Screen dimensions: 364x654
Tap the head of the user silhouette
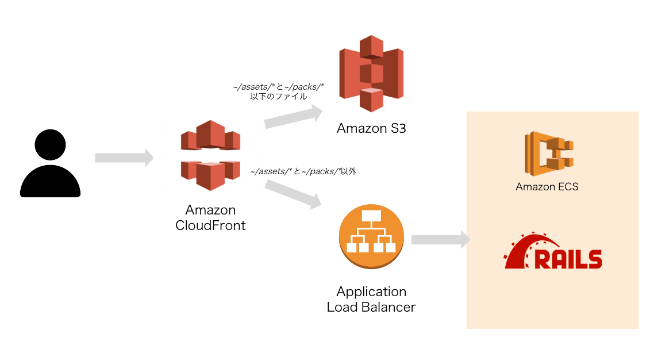coord(50,145)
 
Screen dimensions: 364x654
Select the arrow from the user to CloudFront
coord(124,158)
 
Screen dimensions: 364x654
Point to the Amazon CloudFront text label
coord(210,217)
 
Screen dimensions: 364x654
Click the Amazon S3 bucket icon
coord(371,73)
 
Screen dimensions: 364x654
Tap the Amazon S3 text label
coord(371,128)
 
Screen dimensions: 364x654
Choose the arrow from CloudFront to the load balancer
coord(293,194)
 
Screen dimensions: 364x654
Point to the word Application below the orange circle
coord(371,292)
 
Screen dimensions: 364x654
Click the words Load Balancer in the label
coord(371,307)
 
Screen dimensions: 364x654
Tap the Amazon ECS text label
coord(547,186)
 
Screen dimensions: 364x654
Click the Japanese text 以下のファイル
coord(278,97)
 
